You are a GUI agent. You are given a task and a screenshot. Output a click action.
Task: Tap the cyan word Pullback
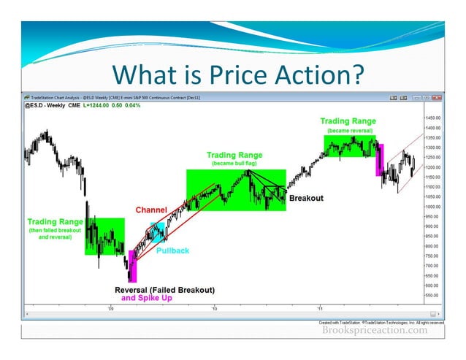172,250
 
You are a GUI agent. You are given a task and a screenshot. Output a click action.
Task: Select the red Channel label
150,210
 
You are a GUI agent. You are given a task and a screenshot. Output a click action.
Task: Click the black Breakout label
306,198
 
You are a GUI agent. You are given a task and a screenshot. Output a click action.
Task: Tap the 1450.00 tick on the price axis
432,118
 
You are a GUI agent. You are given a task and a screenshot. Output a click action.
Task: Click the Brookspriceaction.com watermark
375,330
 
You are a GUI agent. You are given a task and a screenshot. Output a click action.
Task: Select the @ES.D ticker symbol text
37,107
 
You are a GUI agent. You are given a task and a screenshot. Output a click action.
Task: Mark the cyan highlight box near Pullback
158,232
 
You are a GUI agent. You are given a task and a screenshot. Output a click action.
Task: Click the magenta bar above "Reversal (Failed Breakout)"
132,267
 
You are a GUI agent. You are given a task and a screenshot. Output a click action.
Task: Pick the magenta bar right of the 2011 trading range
379,161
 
